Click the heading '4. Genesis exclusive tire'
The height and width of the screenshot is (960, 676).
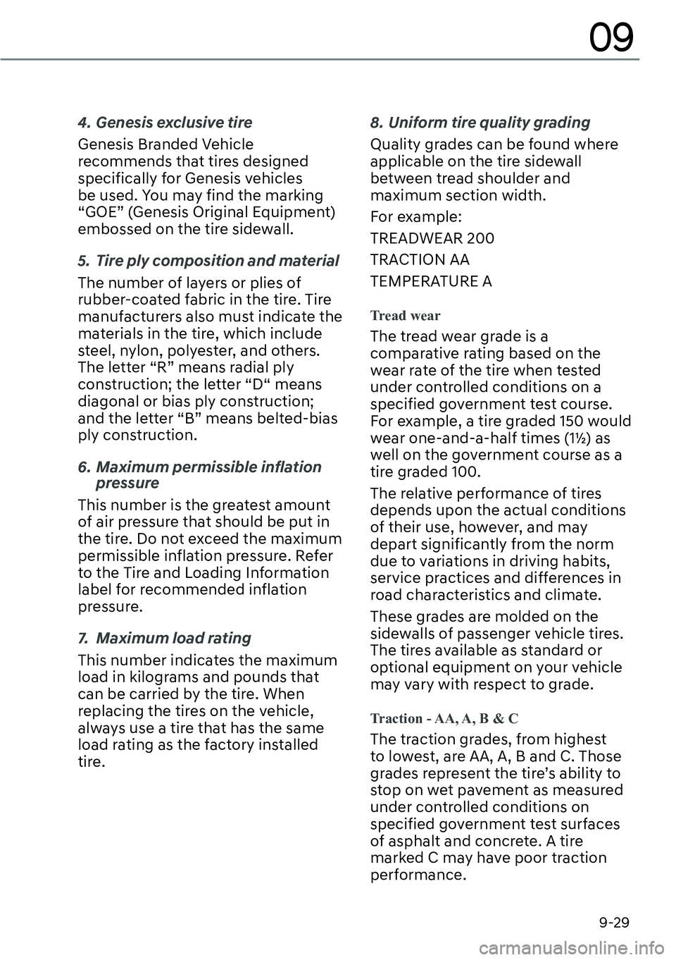point(165,123)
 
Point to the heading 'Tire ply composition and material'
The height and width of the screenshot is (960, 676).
point(217,261)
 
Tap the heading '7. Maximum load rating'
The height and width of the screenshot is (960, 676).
point(164,638)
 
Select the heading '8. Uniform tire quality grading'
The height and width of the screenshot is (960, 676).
point(480,123)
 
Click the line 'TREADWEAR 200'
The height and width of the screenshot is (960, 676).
point(432,238)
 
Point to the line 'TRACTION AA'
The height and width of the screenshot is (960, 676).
point(420,260)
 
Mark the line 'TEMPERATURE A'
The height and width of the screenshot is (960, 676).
point(431,282)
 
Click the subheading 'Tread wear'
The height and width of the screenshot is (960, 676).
point(405,315)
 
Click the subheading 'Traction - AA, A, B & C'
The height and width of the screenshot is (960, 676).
point(444,718)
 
